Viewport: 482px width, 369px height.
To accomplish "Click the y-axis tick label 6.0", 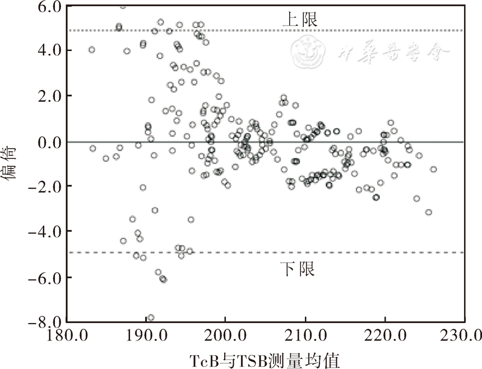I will [46, 7].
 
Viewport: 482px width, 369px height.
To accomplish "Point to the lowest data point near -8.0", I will [150, 318].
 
